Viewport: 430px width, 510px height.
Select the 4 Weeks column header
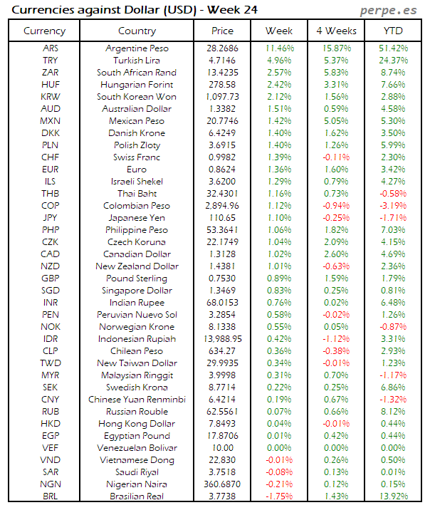tap(336, 31)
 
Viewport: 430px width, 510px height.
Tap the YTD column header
tap(393, 31)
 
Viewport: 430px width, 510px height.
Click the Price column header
tap(222, 31)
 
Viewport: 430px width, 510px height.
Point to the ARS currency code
tap(50, 48)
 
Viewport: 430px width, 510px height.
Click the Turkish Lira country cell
tap(137, 61)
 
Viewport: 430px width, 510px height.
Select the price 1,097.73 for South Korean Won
tap(222, 97)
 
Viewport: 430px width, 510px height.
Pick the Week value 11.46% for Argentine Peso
tap(279, 48)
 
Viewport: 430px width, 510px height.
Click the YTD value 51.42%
tap(393, 48)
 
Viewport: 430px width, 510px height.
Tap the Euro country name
tap(137, 170)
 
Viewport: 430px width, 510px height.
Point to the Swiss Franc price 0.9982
tap(222, 157)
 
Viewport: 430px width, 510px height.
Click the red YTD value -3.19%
tap(393, 206)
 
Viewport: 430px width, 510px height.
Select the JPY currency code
tap(50, 218)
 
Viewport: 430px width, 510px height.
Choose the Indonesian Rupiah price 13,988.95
tap(222, 339)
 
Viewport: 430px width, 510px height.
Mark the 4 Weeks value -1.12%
tap(336, 339)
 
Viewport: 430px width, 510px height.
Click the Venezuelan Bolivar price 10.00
tap(222, 448)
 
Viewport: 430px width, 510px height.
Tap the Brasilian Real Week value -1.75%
tap(279, 496)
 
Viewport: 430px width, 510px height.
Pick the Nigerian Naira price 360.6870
tap(222, 484)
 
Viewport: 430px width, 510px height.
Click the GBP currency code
tap(50, 279)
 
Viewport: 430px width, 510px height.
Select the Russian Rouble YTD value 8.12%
tap(393, 412)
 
